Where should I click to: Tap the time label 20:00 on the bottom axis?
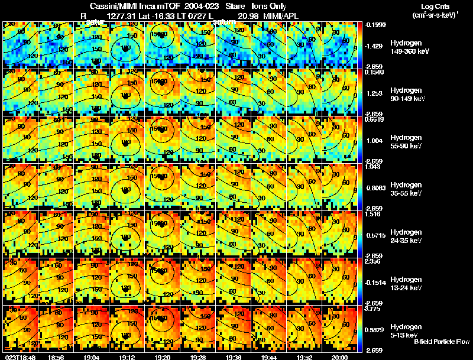pos(339,357)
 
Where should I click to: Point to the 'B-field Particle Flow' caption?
pos(442,342)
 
